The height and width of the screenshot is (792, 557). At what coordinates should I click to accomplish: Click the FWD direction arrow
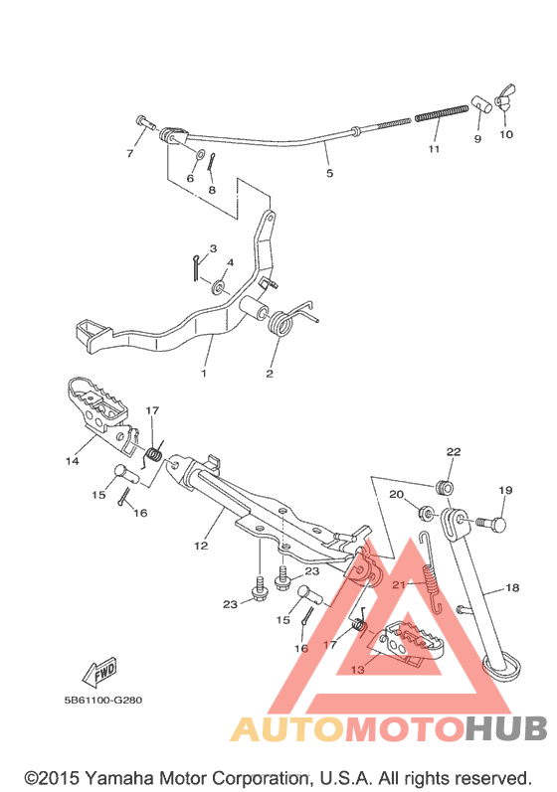[99, 673]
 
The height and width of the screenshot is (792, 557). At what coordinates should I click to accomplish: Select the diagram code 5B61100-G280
[103, 700]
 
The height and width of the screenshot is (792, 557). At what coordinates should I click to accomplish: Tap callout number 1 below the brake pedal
[204, 374]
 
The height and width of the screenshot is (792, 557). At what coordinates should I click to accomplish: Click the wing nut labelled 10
[505, 97]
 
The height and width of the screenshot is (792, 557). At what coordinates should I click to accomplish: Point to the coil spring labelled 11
[442, 113]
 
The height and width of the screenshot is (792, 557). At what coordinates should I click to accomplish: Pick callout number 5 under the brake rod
[329, 173]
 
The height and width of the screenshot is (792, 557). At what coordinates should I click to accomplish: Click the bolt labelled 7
[145, 122]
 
